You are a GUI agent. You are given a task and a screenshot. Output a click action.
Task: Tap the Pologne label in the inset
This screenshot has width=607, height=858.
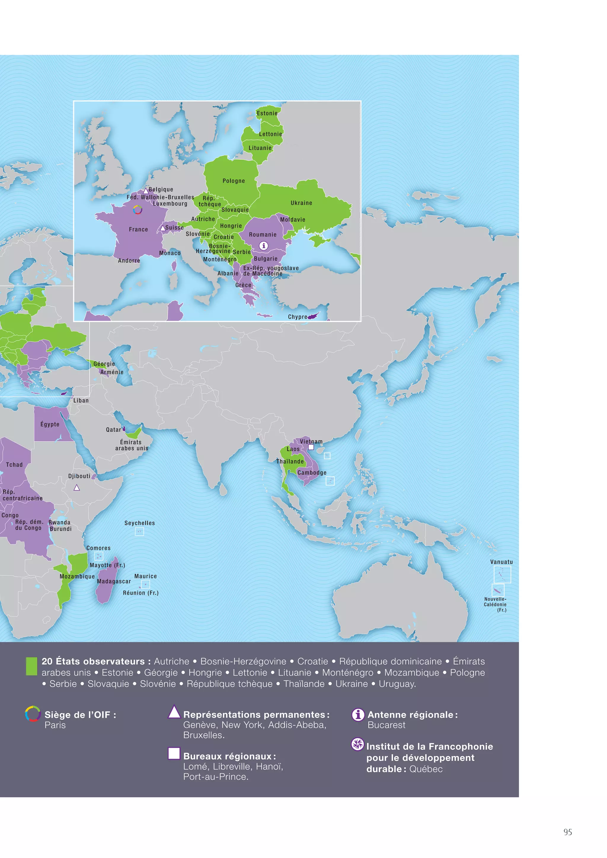234,181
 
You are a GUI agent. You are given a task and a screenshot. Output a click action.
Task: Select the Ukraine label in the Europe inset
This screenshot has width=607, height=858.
301,203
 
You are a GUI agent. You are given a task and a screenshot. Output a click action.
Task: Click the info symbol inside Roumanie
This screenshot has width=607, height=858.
263,246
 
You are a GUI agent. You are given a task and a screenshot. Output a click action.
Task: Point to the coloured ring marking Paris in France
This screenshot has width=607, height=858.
138,210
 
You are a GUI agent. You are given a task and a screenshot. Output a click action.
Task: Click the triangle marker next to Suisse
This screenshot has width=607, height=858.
163,228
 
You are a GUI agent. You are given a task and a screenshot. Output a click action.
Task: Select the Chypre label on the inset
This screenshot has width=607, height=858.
298,317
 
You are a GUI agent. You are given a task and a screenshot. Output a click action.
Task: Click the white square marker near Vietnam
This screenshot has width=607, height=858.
311,447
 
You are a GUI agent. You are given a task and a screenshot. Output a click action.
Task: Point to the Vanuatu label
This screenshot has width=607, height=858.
501,562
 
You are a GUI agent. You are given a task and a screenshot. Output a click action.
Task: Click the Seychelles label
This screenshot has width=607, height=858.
139,523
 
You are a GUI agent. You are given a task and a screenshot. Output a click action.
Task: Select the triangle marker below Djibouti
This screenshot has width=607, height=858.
77,488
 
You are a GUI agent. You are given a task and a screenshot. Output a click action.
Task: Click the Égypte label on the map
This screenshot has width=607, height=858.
50,424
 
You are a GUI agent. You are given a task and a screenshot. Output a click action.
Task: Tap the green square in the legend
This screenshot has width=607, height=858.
31,666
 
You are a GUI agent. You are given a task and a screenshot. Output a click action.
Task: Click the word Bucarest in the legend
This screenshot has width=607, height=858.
386,725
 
